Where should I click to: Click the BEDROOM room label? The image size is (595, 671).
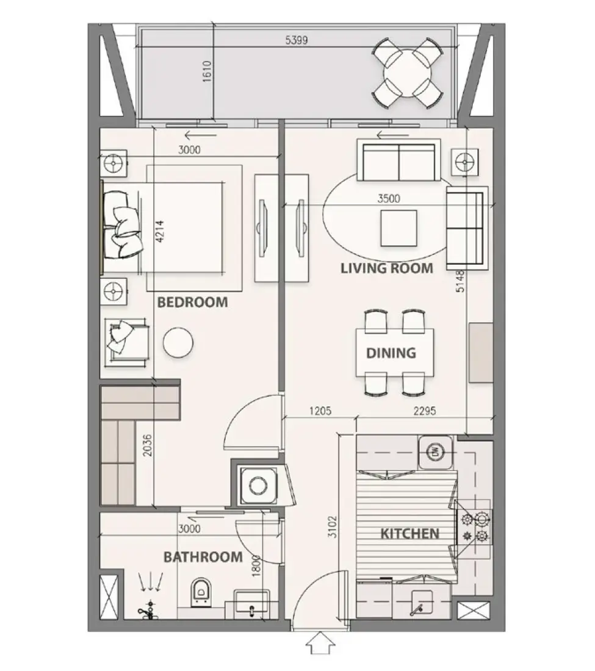coord(192,302)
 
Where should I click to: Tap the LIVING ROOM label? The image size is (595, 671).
coord(387,268)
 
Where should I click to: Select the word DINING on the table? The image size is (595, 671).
coord(391,353)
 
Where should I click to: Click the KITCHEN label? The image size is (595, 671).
coord(409,534)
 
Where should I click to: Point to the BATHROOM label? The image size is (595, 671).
coord(203,557)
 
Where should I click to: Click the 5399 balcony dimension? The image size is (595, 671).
coord(297,41)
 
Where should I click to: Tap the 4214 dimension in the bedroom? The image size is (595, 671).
coord(160,231)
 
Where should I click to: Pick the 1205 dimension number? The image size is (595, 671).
coord(320,411)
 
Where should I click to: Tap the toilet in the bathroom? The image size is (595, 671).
coord(200,590)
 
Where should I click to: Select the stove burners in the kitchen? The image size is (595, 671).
coord(475,528)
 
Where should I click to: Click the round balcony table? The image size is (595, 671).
coord(408,74)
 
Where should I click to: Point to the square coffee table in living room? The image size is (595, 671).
coord(398,228)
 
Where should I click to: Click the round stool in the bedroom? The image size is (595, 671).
coord(178,342)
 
